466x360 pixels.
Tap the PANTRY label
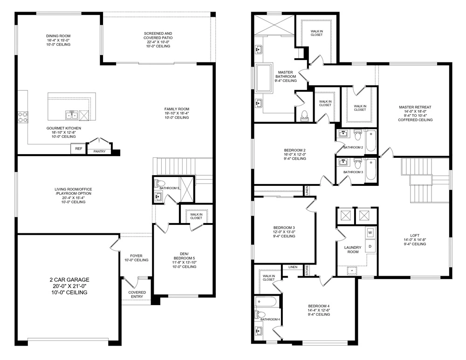coord(99,151)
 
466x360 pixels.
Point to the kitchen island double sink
coord(71,115)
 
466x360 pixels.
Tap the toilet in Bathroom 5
coord(158,183)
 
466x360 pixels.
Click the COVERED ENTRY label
coord(137,295)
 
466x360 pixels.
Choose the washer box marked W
coord(370,232)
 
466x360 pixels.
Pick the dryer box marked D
coord(370,245)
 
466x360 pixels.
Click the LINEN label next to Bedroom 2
coord(307,190)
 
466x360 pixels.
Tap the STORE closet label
coord(307,271)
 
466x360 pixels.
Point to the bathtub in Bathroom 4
coord(266,302)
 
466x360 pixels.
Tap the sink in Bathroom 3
coord(344,163)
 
